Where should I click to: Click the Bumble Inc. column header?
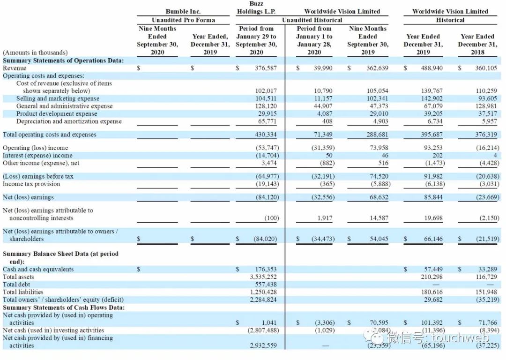pyautogui.click(x=183, y=11)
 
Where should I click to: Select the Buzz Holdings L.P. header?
pyautogui.click(x=256, y=7)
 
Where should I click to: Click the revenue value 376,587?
pyautogui.click(x=266, y=68)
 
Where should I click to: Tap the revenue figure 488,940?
pyautogui.click(x=433, y=68)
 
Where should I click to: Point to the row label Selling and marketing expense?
pyautogui.click(x=58, y=98)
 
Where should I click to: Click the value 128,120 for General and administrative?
pyautogui.click(x=266, y=106)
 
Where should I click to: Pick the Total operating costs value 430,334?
pyautogui.click(x=266, y=135)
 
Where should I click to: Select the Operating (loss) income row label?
pyautogui.click(x=36, y=148)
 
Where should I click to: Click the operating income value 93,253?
pyautogui.click(x=433, y=148)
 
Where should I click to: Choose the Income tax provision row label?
pyautogui.click(x=31, y=184)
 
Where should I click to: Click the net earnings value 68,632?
pyautogui.click(x=379, y=197)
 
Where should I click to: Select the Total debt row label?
pyautogui.click(x=16, y=285)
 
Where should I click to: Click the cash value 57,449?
pyautogui.click(x=433, y=270)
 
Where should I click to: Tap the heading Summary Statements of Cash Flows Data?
pyautogui.click(x=64, y=307)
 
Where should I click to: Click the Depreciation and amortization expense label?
pyautogui.click(x=69, y=121)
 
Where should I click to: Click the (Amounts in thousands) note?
pyautogui.click(x=35, y=52)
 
